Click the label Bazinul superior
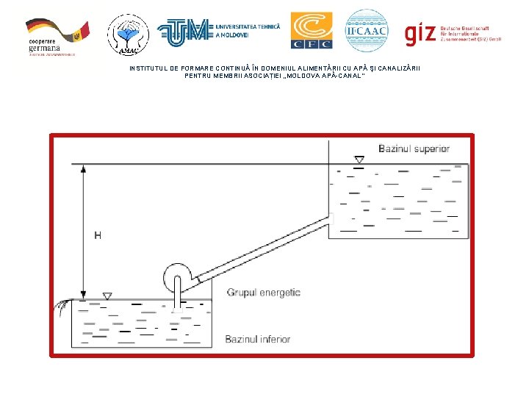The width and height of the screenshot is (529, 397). (x=414, y=149)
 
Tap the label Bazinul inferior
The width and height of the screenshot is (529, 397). (x=257, y=339)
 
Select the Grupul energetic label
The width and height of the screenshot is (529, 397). (x=263, y=293)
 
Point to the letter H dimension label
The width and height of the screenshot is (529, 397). (x=98, y=235)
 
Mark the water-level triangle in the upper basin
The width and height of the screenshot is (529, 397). (x=359, y=160)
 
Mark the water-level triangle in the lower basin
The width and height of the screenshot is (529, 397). (x=107, y=296)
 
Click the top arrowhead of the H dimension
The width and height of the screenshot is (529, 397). (x=84, y=168)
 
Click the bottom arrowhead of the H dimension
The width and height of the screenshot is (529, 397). (x=84, y=295)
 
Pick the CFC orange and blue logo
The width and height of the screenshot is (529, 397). (x=311, y=31)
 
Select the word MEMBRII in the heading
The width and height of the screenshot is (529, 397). (x=230, y=76)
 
